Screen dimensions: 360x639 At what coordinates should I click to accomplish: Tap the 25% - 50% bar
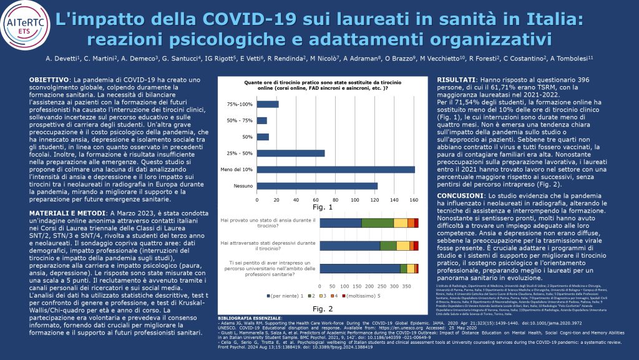tap(291, 153)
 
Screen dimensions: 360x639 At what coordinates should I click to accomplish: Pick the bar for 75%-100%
tap(268, 104)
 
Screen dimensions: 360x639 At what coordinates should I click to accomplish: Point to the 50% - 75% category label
tap(241, 120)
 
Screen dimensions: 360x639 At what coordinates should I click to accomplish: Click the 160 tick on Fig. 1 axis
tap(413, 200)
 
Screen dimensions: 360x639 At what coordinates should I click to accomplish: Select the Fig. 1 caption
tap(323, 207)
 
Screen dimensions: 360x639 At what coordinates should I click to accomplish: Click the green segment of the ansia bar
tap(377, 223)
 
